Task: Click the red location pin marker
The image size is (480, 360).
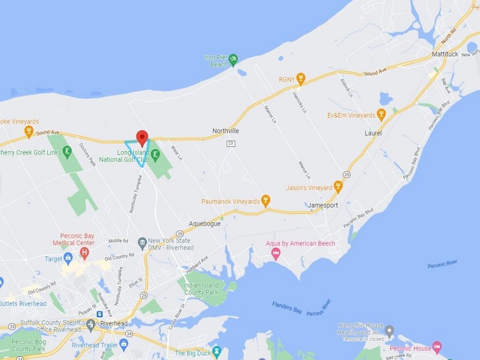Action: [x=142, y=137]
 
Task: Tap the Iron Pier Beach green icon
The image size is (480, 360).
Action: [x=233, y=59]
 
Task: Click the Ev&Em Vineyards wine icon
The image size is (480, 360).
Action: [x=381, y=114]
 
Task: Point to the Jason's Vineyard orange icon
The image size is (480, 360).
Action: [x=338, y=187]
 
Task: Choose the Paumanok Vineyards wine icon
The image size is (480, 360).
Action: [x=265, y=201]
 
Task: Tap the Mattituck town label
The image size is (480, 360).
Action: [x=445, y=54]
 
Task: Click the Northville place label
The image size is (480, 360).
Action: [x=225, y=131]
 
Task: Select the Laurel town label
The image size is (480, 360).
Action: [x=373, y=133]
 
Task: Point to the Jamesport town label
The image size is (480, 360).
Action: [x=322, y=205]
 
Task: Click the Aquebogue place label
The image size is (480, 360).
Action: [x=205, y=224]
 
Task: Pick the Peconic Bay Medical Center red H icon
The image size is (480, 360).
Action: [x=84, y=254]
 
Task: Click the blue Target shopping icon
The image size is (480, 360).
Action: [x=68, y=258]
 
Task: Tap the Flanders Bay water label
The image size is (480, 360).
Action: [x=287, y=307]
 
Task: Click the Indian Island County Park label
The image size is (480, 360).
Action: [x=201, y=289]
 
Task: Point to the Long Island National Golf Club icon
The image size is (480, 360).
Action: [x=155, y=154]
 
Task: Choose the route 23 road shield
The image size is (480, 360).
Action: [x=230, y=143]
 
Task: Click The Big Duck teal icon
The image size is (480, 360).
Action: [x=217, y=350]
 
